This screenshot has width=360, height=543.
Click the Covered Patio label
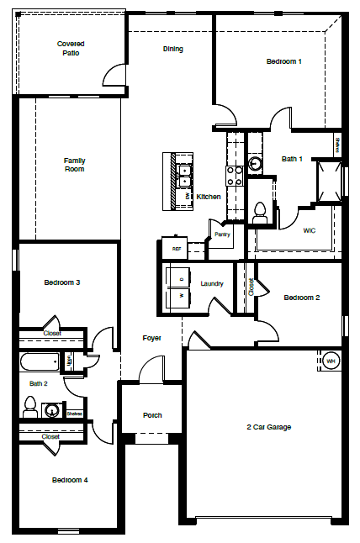click(71, 48)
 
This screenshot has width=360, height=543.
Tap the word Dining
click(172, 49)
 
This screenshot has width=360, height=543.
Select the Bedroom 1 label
click(283, 61)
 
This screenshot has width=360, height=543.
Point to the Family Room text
click(75, 165)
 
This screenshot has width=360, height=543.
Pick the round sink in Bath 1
click(256, 164)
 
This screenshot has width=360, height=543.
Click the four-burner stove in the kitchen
click(234, 175)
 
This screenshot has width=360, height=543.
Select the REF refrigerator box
click(177, 249)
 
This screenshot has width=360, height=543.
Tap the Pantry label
click(222, 235)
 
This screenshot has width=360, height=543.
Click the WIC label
click(310, 229)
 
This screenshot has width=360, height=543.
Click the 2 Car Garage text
click(268, 427)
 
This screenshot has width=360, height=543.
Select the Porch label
click(152, 415)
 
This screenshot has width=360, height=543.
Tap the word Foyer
click(151, 338)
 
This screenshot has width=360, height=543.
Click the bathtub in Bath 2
click(40, 362)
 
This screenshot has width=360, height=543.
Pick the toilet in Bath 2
click(30, 409)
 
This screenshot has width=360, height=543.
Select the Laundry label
click(212, 284)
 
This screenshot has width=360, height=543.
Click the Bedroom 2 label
click(301, 298)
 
